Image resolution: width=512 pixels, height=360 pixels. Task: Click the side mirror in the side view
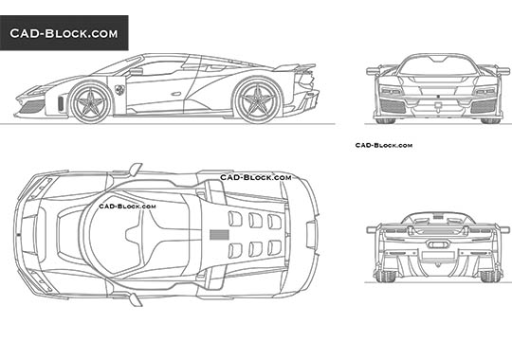[136, 69]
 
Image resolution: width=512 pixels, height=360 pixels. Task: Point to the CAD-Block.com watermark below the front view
[383, 145]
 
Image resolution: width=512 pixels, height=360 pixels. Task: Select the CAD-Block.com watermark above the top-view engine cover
[255, 177]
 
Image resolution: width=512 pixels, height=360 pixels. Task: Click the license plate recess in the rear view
[437, 253]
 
